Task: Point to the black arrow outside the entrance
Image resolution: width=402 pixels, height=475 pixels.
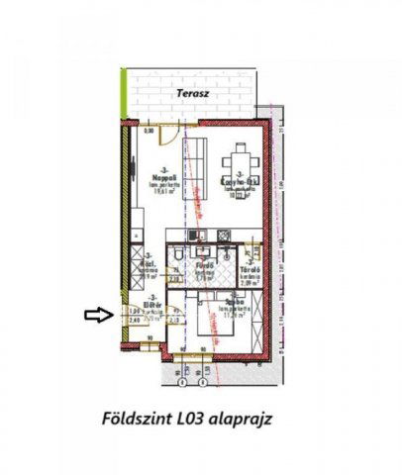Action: tap(100, 315)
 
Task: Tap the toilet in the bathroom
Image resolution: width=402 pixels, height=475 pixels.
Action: tap(175, 259)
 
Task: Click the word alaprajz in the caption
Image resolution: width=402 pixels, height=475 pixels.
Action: tap(243, 419)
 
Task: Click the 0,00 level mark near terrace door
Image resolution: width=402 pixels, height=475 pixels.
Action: tap(150, 130)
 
